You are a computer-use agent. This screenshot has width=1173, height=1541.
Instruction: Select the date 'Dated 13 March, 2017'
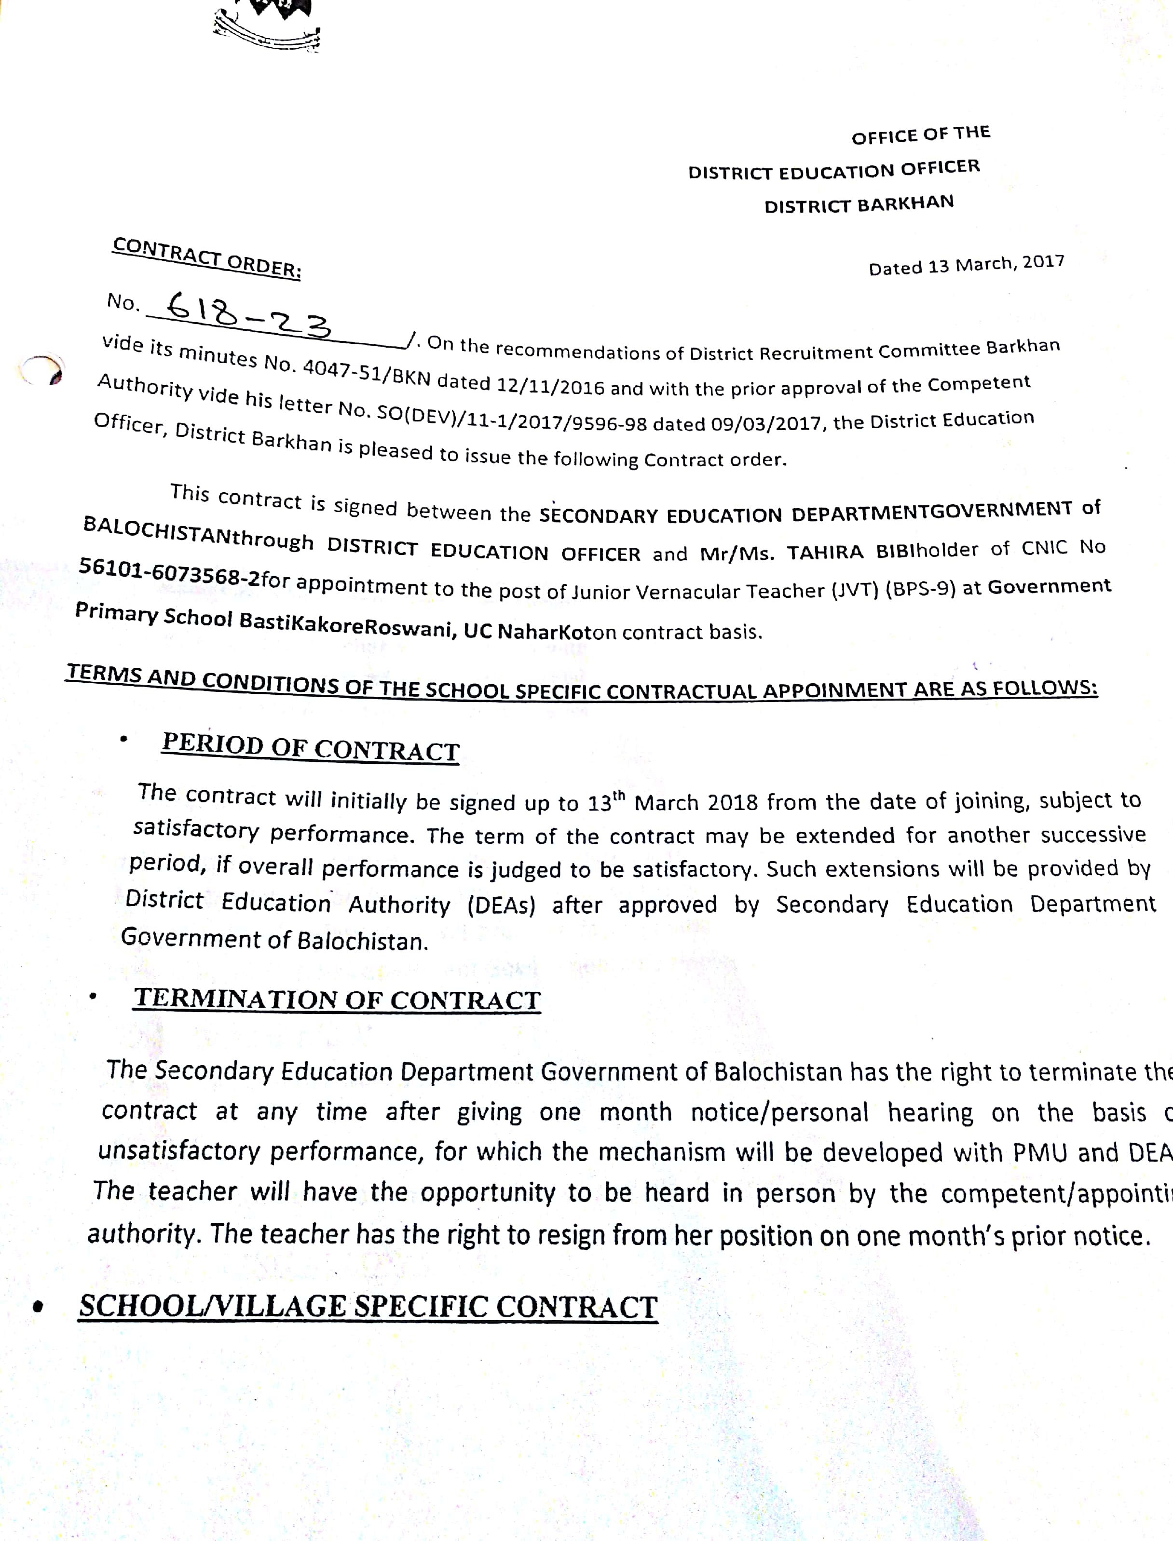pos(967,265)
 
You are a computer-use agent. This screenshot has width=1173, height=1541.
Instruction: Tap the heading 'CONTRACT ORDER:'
pos(206,257)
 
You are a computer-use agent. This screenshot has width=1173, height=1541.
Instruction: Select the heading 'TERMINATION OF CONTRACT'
pos(337,1000)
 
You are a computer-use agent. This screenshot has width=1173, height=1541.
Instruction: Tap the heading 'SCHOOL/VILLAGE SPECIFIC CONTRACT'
pos(368,1307)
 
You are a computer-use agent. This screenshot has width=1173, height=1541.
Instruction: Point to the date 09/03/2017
pos(764,424)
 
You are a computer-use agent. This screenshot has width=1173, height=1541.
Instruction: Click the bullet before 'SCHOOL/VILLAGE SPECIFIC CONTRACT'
pos(39,1307)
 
